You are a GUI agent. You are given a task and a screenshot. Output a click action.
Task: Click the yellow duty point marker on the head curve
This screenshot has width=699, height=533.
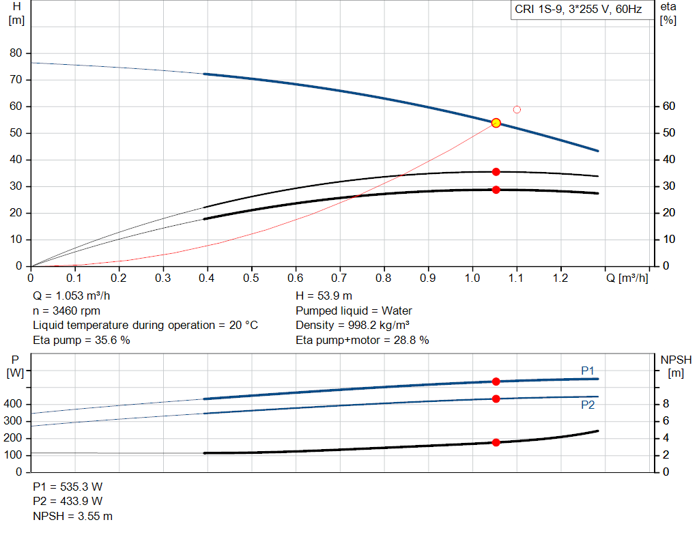coord(496,123)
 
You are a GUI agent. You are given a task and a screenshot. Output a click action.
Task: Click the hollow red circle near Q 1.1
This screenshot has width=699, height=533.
coord(517,109)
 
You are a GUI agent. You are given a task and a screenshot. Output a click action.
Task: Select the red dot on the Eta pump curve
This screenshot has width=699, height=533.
coord(496,172)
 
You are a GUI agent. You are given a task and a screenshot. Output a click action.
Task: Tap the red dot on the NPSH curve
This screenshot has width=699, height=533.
coord(496,442)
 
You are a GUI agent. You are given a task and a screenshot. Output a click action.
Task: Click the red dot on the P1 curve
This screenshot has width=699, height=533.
coord(496,381)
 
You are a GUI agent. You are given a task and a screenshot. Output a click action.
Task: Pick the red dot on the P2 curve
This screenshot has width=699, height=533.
coord(496,399)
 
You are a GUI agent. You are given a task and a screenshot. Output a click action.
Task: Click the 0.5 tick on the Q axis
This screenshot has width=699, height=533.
coord(251,278)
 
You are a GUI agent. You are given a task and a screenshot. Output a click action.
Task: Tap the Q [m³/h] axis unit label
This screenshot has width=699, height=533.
coord(627,278)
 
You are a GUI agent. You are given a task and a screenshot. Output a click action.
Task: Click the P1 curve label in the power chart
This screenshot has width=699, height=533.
coord(588,371)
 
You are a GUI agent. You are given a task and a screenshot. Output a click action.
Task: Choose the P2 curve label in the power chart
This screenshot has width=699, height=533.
coord(588,405)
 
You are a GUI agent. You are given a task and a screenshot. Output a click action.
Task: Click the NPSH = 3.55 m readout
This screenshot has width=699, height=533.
coord(73,516)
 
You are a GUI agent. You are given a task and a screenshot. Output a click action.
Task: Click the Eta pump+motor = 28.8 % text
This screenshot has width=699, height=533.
coord(362,340)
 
